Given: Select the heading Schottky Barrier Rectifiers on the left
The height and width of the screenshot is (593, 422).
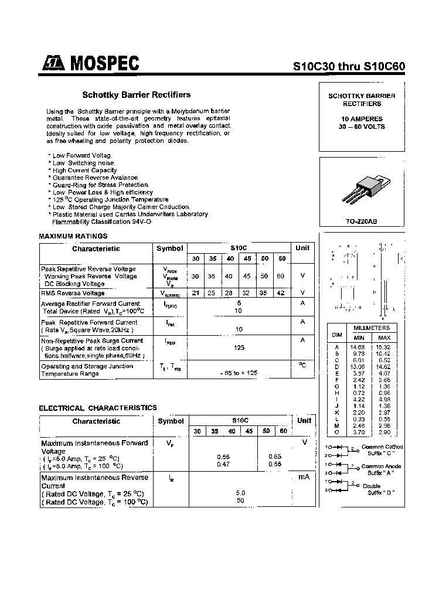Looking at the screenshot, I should tap(136, 94).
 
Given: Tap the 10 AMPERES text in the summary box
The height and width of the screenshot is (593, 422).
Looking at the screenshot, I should tap(362, 119).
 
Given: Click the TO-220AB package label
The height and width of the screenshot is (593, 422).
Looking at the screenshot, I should tap(362, 222).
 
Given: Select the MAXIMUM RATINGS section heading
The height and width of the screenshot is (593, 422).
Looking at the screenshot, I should tap(73, 236).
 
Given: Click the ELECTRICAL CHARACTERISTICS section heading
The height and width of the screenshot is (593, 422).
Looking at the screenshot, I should tap(98, 407).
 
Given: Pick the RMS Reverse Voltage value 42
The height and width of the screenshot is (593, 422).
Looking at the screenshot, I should tap(281, 293).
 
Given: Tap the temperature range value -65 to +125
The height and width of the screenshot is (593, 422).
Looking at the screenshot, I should tap(239, 373).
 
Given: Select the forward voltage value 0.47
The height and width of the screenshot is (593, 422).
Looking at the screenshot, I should tap(223, 464).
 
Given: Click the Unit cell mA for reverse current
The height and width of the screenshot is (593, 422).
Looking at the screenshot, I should tap(304, 478).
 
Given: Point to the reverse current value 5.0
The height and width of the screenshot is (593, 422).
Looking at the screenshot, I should tap(240, 493).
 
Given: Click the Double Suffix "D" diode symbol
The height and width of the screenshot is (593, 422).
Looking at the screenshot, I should tap(338, 488).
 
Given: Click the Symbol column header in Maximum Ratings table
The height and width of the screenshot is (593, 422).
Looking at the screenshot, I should tap(170, 248).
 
